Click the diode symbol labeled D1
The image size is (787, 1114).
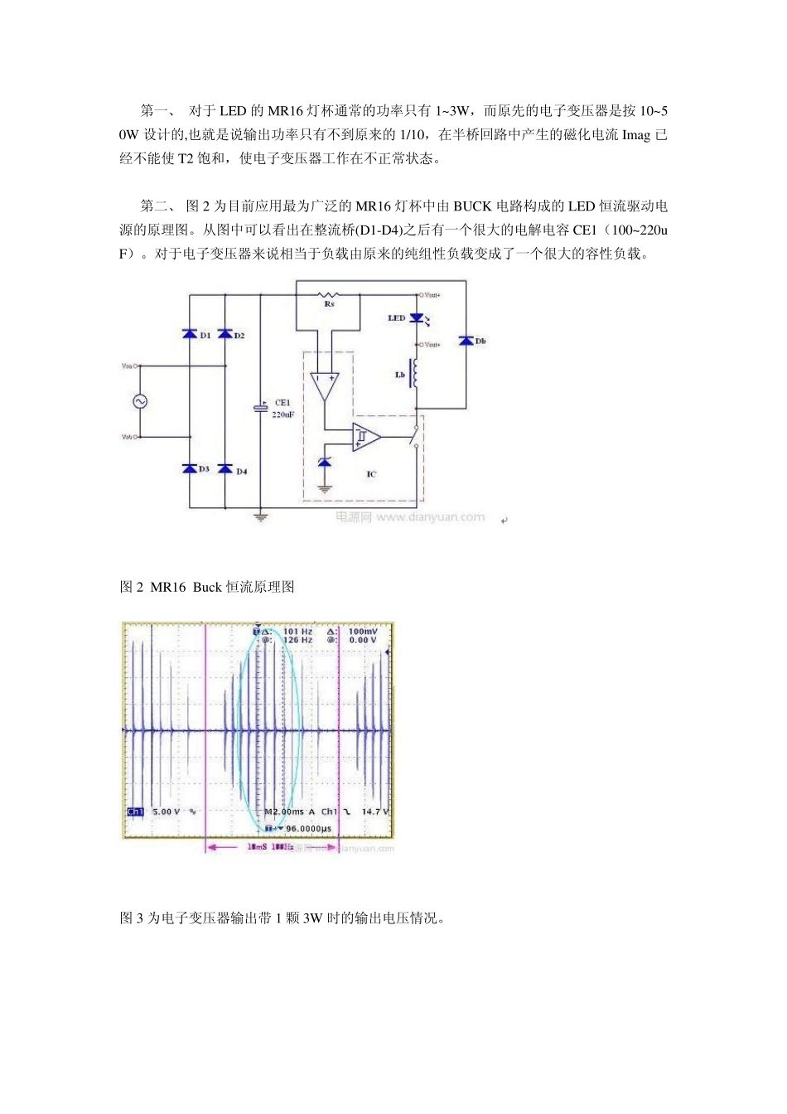(189, 334)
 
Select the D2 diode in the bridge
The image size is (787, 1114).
(225, 334)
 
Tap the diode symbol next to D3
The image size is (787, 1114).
(189, 469)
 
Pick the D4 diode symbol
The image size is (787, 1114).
(225, 469)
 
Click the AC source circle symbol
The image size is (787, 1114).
(139, 401)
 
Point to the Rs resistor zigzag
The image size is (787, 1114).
(330, 294)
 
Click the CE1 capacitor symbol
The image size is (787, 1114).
(260, 409)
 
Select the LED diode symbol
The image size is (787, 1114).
(417, 318)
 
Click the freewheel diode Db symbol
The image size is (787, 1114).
(466, 341)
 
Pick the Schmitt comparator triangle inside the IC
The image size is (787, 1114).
(365, 436)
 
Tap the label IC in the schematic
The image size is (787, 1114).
(370, 474)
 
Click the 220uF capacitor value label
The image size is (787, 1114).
(283, 414)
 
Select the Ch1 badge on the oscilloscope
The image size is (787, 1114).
(135, 811)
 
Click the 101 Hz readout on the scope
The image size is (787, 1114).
(297, 632)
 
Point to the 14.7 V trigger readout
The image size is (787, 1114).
(374, 811)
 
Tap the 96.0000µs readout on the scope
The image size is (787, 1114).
(303, 828)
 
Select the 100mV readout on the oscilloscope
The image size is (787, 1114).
(363, 632)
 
